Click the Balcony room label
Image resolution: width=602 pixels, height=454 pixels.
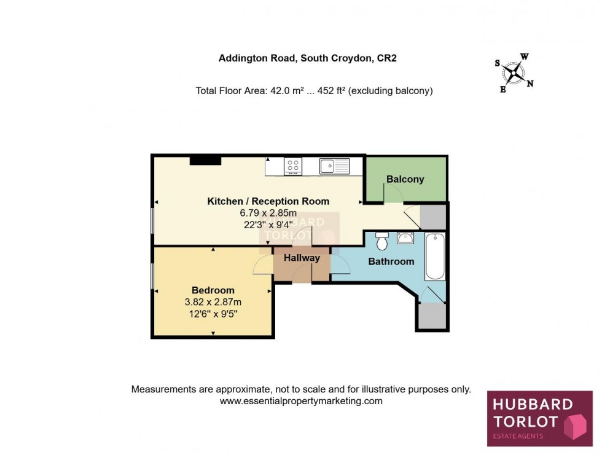tap(405, 180)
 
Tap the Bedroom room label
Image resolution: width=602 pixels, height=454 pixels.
tap(213, 290)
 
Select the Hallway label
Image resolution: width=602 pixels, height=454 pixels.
tap(302, 258)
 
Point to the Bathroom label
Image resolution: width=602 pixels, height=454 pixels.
tap(391, 261)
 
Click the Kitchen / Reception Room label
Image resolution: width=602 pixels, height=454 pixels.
tap(268, 201)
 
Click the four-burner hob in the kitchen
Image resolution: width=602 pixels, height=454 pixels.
tap(293, 165)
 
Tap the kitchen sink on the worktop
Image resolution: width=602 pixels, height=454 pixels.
tap(334, 165)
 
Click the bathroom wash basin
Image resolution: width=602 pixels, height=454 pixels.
tap(405, 238)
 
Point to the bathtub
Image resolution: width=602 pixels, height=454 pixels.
tap(435, 257)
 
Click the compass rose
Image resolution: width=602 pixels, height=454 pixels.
tap(514, 73)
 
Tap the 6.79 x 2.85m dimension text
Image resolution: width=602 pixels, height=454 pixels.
tap(268, 213)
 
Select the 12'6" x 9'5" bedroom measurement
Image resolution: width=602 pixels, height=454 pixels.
tap(213, 313)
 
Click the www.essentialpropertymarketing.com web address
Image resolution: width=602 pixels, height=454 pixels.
tap(301, 401)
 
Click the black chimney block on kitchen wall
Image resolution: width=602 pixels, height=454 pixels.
tap(205, 161)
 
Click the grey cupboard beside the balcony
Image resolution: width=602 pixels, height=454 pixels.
tap(434, 216)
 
